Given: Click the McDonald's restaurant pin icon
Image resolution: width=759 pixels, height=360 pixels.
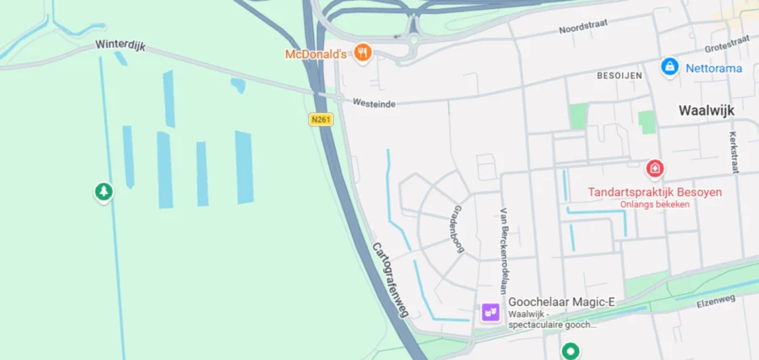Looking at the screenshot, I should [x=363, y=53].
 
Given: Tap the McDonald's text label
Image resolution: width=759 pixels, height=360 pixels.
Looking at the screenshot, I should [x=316, y=55].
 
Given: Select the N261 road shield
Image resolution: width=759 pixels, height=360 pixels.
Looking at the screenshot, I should [x=321, y=119].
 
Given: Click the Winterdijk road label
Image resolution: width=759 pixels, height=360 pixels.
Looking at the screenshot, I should [x=120, y=46].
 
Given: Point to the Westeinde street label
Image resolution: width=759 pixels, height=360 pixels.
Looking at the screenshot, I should [x=374, y=103].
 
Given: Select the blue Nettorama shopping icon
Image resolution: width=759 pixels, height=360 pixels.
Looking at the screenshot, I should [x=669, y=66].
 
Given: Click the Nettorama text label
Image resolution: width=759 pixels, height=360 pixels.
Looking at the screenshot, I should [x=714, y=69].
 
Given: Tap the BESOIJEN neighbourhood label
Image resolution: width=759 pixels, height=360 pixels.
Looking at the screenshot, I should [x=619, y=75].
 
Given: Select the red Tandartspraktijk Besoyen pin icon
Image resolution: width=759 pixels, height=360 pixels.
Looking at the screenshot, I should [x=655, y=169].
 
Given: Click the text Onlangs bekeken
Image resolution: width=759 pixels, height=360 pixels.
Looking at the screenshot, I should [x=655, y=205].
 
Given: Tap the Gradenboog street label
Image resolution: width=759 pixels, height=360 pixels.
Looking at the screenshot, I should [x=458, y=228].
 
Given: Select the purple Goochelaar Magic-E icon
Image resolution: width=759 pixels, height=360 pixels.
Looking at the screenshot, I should [x=491, y=311].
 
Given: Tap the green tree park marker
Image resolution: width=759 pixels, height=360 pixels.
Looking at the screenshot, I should [x=103, y=191].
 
